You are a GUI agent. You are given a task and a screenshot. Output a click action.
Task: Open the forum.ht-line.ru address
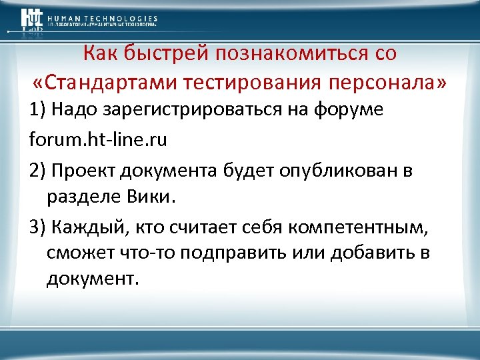click(x=98, y=140)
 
